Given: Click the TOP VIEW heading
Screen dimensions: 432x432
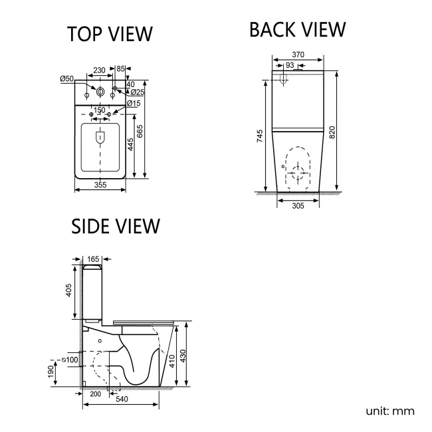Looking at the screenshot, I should [x=110, y=34].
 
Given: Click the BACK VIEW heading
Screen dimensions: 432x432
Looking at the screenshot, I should [x=297, y=30].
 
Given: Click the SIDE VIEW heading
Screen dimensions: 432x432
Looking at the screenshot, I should [x=116, y=226].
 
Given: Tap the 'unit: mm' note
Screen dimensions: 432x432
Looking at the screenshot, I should [x=389, y=411].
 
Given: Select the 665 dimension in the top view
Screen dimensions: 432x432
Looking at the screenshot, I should [x=140, y=133].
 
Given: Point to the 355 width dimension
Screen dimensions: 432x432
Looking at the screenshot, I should [x=100, y=185].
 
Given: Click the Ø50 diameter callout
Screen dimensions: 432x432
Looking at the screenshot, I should [x=66, y=78].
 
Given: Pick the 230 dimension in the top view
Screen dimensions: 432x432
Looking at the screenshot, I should [x=99, y=69].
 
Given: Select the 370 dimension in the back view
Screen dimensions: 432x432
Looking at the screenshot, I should [x=298, y=55].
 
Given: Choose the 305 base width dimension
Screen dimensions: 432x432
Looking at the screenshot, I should [x=298, y=205].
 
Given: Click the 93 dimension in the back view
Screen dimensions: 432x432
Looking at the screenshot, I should [x=290, y=64].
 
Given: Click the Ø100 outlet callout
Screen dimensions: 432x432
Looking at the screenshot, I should [x=70, y=360].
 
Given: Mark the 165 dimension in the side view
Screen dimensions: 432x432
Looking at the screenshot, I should [x=93, y=258].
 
